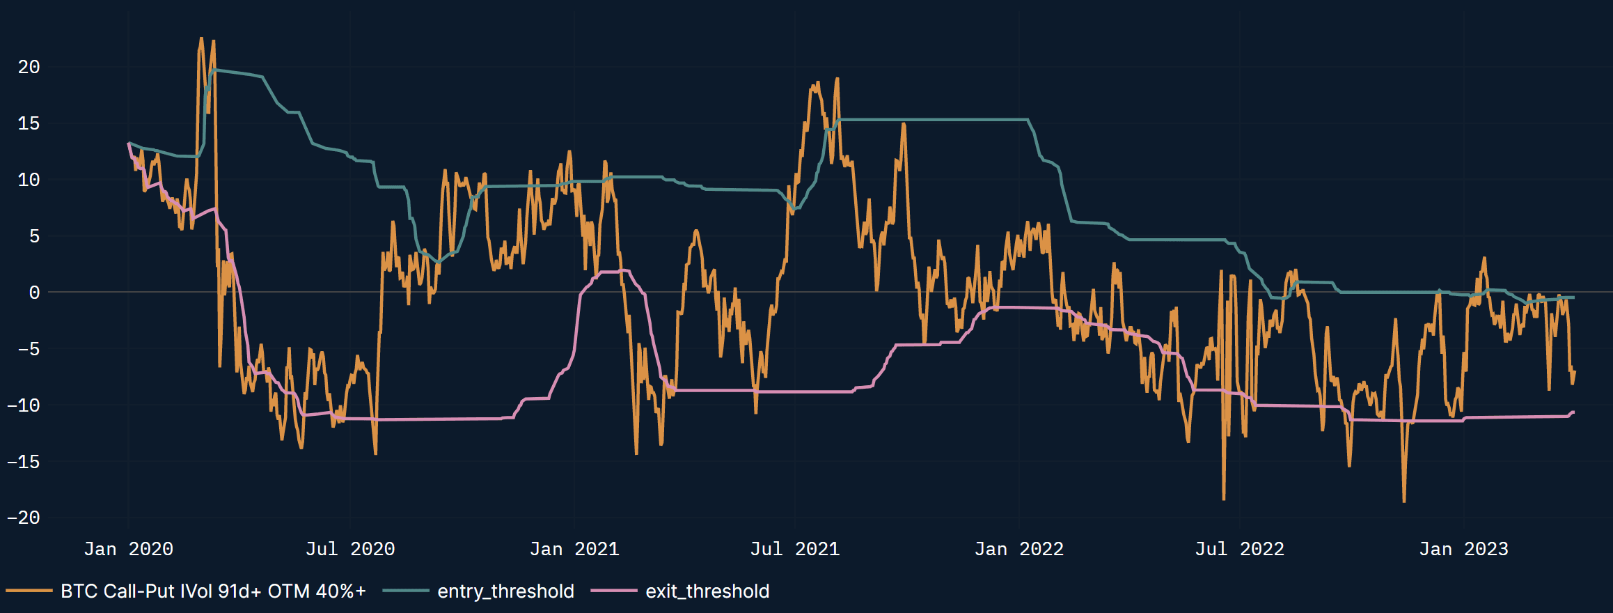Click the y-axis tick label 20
pyautogui.click(x=29, y=67)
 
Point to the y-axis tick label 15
pyautogui.click(x=29, y=123)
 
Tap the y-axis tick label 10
pyautogui.click(x=29, y=180)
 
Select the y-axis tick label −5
pyautogui.click(x=24, y=349)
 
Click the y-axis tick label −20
pyautogui.click(x=24, y=518)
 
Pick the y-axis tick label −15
pyautogui.click(x=24, y=461)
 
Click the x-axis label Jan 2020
pyautogui.click(x=128, y=549)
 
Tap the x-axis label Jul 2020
pyautogui.click(x=350, y=549)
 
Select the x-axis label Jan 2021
pyautogui.click(x=574, y=549)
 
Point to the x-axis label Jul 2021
pyautogui.click(x=794, y=549)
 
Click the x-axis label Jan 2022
pyautogui.click(x=1018, y=549)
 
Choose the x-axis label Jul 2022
pyautogui.click(x=1239, y=549)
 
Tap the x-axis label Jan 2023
pyautogui.click(x=1463, y=549)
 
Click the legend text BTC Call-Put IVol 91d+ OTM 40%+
pyautogui.click(x=213, y=591)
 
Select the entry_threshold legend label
pyautogui.click(x=505, y=591)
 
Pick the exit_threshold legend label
pyautogui.click(x=707, y=591)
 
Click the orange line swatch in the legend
pyautogui.click(x=29, y=591)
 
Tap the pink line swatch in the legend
pyautogui.click(x=613, y=591)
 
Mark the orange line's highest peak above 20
pyautogui.click(x=201, y=38)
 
